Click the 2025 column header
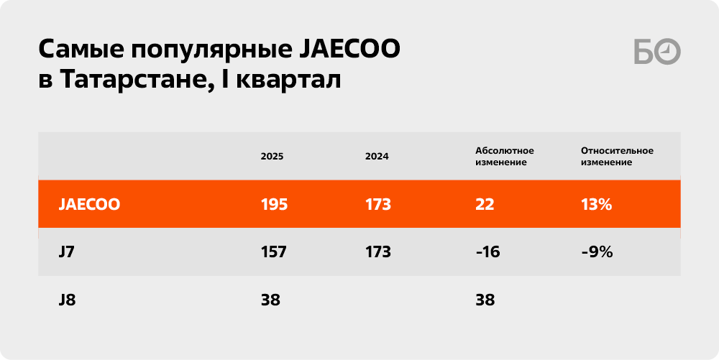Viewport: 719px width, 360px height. pos(272,156)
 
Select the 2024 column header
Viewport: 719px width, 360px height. pos(377,156)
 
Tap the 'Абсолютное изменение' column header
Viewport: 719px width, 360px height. pos(505,156)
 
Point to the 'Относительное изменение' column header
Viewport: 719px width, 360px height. pos(617,156)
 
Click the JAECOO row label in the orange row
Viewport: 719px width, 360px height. pos(89,204)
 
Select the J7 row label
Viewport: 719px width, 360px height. pos(66,252)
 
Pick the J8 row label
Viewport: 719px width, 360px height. pos(67,300)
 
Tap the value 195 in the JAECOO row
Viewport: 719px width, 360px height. pos(274,204)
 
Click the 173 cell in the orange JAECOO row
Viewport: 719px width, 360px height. pos(378,204)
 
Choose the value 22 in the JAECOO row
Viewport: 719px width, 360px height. pos(485,204)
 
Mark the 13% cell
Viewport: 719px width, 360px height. pos(596,204)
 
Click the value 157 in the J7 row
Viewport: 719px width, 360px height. pos(274,252)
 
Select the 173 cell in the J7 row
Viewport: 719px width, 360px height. pos(378,252)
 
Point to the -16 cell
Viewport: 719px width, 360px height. pos(487,252)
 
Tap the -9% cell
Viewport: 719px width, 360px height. pos(597,252)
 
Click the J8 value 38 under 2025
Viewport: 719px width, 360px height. pos(270,300)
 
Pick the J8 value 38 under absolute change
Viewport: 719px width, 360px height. pos(485,300)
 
